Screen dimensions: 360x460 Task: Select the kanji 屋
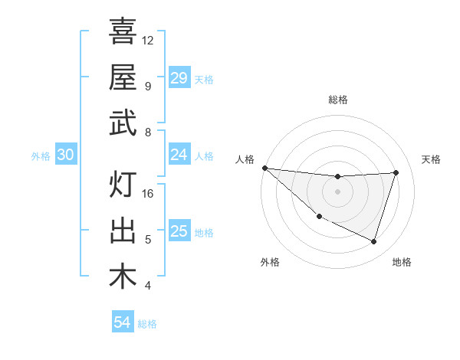coord(123,77)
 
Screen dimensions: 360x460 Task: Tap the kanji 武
coord(123,123)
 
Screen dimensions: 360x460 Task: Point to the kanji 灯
coord(123,185)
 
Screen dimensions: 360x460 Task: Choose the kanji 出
coord(123,231)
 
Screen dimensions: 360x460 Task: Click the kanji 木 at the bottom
coord(123,277)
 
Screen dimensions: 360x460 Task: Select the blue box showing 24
coord(179,155)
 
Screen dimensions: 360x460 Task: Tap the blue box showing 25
coord(179,231)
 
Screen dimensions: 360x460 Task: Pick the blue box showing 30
coord(65,155)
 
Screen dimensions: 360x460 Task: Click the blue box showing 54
coord(122,322)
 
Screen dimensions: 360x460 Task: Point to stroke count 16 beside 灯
coord(149,194)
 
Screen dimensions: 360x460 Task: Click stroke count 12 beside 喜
coord(148,40)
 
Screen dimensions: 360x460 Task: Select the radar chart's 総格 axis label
coord(337,100)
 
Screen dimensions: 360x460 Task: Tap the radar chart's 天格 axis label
coord(431,159)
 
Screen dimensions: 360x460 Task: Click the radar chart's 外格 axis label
coord(270,262)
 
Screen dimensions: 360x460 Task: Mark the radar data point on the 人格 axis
coord(264,168)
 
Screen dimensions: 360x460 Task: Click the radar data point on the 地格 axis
coord(373,241)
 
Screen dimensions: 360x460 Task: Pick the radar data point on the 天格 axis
coord(396,172)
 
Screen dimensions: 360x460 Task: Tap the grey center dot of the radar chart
coord(337,191)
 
